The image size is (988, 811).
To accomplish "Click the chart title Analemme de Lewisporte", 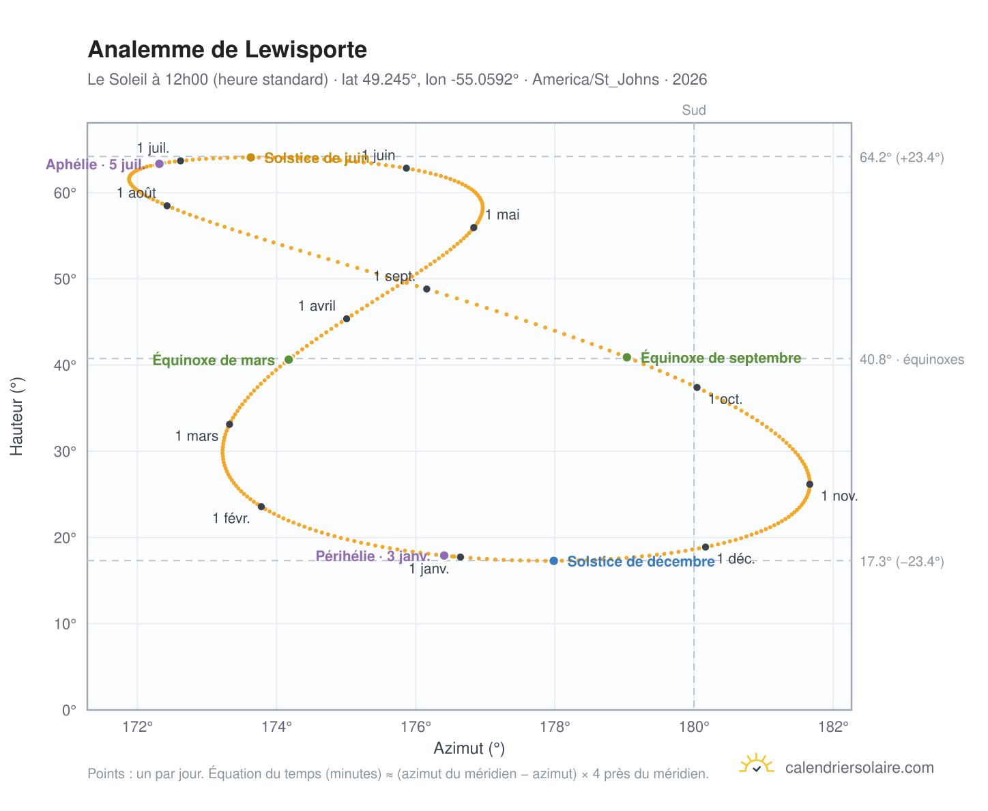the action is (x=227, y=50).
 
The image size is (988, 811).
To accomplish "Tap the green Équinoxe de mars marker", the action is (x=289, y=359).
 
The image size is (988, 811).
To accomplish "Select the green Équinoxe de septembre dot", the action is (x=626, y=357).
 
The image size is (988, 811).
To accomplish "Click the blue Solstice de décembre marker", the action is (x=553, y=560).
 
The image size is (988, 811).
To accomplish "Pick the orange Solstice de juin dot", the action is (x=250, y=158).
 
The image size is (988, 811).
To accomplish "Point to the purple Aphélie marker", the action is (x=159, y=164).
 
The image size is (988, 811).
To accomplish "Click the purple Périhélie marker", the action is (x=444, y=556).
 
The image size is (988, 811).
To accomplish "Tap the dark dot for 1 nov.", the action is (x=809, y=484).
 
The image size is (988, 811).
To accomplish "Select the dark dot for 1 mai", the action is (x=473, y=228).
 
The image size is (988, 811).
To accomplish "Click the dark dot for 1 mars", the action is (x=229, y=424).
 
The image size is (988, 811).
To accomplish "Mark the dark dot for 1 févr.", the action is (x=261, y=507).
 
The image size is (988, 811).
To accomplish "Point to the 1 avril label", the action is (x=317, y=306).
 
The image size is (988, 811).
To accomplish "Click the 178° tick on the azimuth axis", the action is (x=555, y=726).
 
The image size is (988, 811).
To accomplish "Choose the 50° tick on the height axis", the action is (x=65, y=279).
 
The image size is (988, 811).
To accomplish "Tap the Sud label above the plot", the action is (x=693, y=110).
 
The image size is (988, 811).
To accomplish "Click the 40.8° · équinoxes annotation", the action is (x=911, y=360).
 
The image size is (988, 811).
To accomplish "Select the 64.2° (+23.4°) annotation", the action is (x=901, y=158).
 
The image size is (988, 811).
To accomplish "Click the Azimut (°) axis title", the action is (x=469, y=749).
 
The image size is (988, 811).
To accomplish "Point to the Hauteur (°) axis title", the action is (x=16, y=416).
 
